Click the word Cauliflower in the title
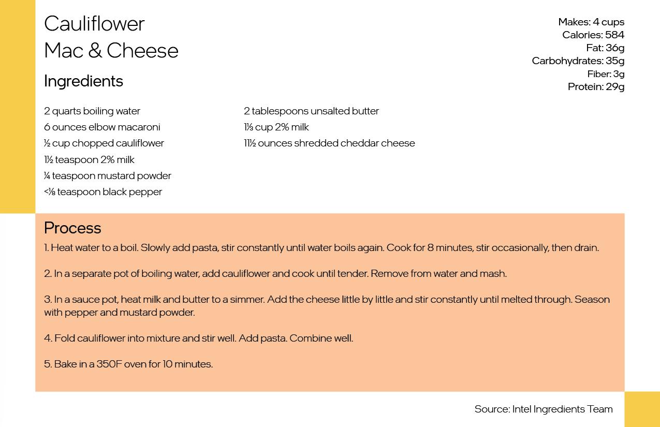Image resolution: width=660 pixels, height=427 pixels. click(x=94, y=24)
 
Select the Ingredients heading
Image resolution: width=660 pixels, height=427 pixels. click(x=83, y=81)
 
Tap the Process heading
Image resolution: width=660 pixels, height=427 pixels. click(x=72, y=228)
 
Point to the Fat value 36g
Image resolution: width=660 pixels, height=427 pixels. click(x=615, y=48)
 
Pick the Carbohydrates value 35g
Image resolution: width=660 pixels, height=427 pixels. click(x=615, y=61)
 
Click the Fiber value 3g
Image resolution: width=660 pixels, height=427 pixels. click(x=619, y=73)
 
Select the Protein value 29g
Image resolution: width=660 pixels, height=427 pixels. click(x=615, y=86)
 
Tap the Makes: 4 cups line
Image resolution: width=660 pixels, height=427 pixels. click(x=591, y=22)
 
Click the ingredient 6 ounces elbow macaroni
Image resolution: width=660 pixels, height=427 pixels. click(x=102, y=127)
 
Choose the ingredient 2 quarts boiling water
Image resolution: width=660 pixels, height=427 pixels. click(x=92, y=111)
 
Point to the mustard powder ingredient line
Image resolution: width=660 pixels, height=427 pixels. click(x=108, y=175)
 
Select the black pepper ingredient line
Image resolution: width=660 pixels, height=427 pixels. click(x=103, y=192)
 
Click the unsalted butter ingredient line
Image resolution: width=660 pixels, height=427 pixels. click(x=311, y=111)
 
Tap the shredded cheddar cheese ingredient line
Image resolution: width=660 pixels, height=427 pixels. click(x=329, y=143)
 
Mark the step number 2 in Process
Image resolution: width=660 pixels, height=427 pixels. click(x=47, y=273)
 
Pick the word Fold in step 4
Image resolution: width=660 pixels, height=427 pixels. click(x=64, y=338)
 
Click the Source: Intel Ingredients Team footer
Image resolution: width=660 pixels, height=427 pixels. click(x=544, y=409)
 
